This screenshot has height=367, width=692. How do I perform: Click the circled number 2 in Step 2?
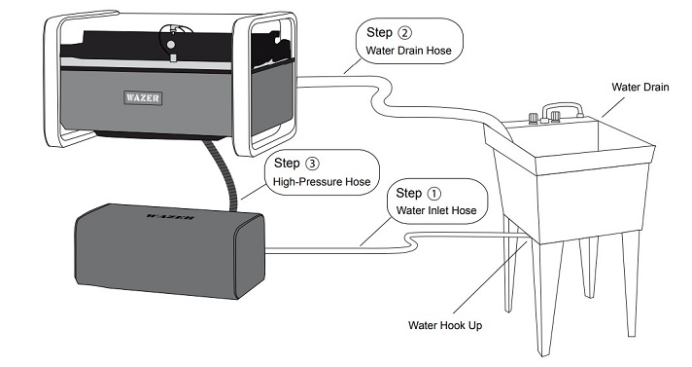[404, 33]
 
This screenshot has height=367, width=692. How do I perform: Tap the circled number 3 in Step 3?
[312, 164]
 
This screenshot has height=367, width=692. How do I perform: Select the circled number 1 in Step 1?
[434, 193]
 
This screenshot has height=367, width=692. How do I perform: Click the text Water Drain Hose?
[408, 51]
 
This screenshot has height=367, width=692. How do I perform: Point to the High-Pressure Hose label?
[322, 182]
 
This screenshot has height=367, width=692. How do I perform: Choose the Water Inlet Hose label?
[436, 210]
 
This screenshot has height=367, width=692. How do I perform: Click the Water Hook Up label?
[445, 325]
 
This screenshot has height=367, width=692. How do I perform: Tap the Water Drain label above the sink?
[640, 87]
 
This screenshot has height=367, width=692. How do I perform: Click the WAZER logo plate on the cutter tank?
[143, 97]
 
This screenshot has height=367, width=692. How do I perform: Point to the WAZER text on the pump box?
[170, 217]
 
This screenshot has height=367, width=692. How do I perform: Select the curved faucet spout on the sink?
[562, 109]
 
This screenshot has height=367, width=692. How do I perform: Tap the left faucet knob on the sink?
[534, 118]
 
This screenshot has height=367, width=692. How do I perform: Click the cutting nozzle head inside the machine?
[172, 43]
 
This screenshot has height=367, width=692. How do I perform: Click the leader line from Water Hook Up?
[490, 277]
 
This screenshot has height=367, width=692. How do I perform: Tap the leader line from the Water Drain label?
[613, 107]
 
